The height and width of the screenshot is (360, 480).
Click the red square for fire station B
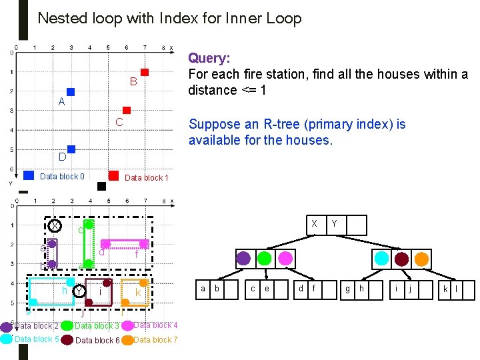tap(144, 72)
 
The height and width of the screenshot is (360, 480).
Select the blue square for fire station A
tap(71, 92)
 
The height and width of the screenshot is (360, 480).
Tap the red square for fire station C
tap(127, 110)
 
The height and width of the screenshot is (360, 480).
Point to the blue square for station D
tap(71, 149)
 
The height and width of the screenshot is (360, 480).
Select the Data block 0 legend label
tap(62, 177)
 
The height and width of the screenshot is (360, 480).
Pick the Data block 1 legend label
tap(146, 177)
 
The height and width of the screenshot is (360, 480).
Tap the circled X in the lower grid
tap(55, 226)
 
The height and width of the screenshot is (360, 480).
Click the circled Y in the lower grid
tap(79, 291)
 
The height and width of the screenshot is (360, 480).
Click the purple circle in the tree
tap(244, 257)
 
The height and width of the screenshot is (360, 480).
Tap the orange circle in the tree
tap(422, 258)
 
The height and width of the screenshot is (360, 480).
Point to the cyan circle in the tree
tap(381, 258)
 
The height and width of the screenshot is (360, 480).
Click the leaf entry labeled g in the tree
tap(347, 289)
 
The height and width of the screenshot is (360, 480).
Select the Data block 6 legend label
tap(97, 341)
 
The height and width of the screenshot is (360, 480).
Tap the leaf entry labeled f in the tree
tap(313, 289)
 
